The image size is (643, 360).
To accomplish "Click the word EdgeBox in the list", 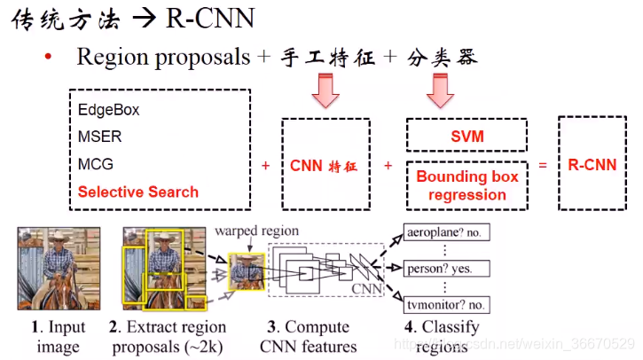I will tap(108, 111).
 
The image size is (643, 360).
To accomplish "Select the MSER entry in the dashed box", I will tap(99, 137).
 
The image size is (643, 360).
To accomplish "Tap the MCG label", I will tap(96, 164).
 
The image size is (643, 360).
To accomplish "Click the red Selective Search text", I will tap(138, 192).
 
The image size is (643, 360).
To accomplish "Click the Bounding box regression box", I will tap(467, 184).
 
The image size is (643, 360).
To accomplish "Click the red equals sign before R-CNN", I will tap(542, 164).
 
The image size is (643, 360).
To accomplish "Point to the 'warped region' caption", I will tap(256, 231).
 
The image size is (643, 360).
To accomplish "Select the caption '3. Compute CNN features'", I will tap(307, 337).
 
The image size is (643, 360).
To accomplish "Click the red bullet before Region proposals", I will tap(49, 58).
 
